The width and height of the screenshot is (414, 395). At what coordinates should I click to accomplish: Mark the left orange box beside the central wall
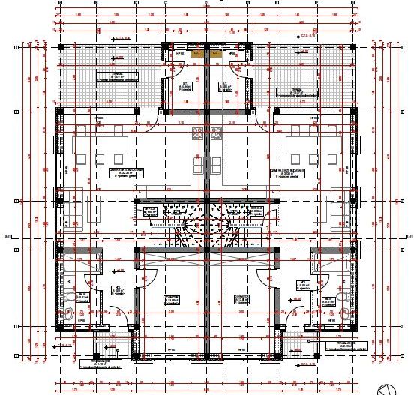197,53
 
